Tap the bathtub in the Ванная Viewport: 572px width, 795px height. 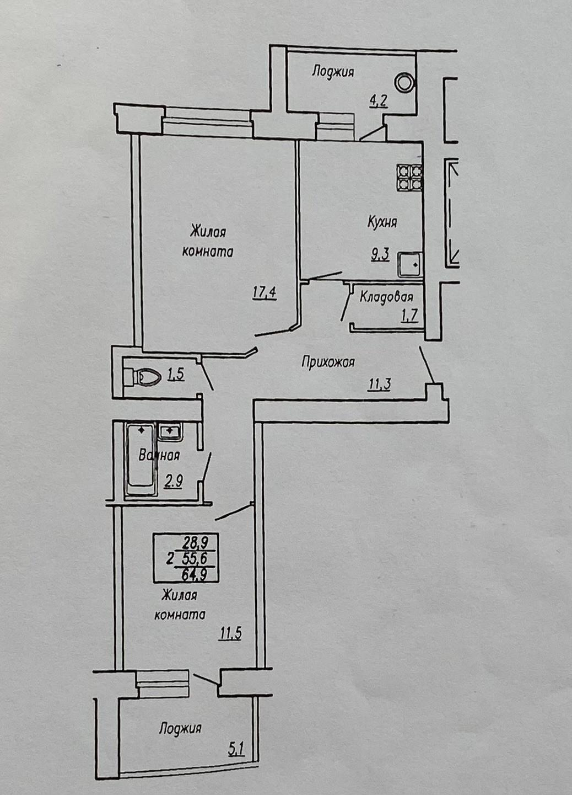141,459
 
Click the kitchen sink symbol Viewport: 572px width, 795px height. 410,265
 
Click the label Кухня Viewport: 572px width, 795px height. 382,222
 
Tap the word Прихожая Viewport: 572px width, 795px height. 328,362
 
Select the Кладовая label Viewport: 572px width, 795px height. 386,297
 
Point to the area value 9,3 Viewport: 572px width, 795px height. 380,254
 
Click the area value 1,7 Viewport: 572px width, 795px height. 409,315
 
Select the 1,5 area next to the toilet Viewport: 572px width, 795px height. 176,375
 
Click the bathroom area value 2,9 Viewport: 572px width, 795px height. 172,483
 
